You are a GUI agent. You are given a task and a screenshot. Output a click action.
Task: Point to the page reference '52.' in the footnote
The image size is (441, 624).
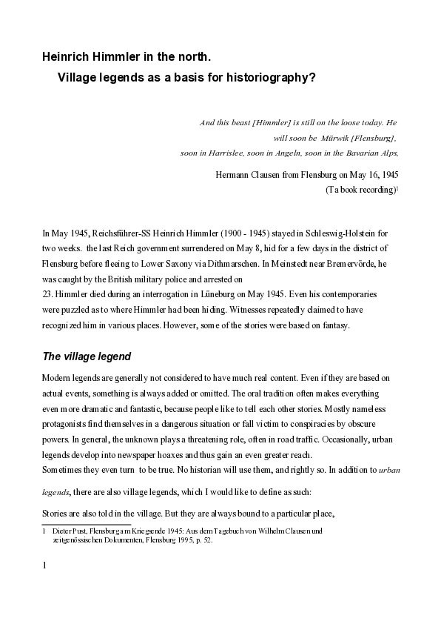click(x=208, y=540)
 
